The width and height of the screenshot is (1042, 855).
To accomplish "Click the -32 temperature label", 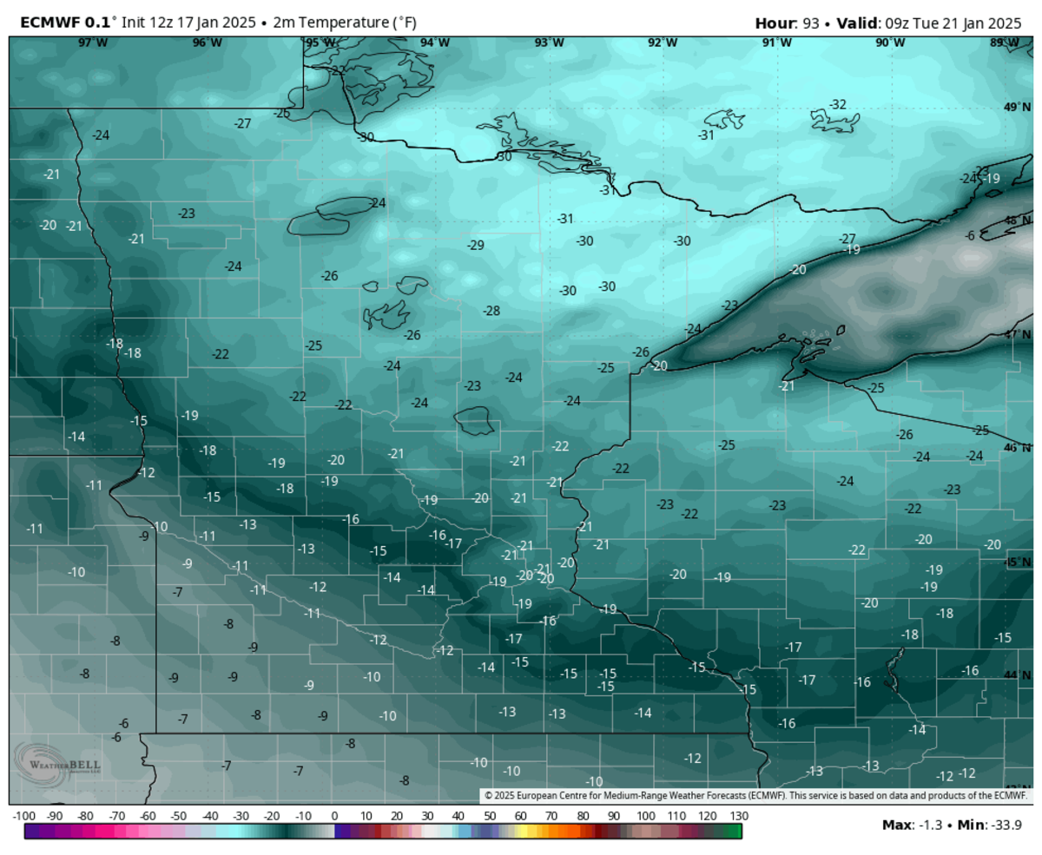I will (837, 104).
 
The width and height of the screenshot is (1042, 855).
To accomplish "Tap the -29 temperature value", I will (475, 246).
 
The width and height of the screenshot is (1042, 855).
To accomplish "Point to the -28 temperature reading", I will (491, 311).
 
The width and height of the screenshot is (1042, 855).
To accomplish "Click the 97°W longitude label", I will (93, 43).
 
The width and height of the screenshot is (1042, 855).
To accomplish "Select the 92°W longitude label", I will (663, 43).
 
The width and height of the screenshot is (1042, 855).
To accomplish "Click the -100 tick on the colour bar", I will (23, 817).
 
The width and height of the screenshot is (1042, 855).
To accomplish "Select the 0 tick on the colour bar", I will (334, 817).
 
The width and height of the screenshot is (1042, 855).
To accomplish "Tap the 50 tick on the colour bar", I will (490, 817).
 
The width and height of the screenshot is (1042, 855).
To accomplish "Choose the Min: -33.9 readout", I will (990, 825).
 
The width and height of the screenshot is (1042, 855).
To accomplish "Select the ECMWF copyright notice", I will (755, 795).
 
